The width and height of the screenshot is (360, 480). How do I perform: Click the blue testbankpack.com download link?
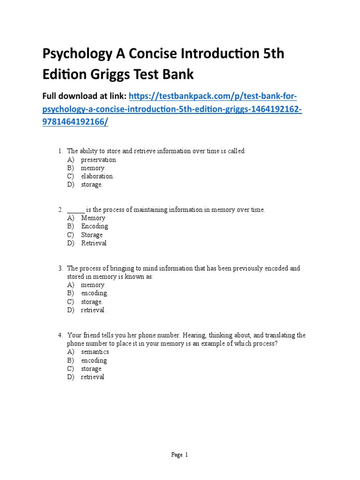pos(213,96)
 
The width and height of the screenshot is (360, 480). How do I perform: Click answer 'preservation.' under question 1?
pos(99,159)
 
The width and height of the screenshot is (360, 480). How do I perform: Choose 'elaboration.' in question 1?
pos(97,176)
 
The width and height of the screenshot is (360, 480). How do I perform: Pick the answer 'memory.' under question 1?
pos(93,168)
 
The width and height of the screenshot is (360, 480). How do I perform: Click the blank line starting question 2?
pos(75,210)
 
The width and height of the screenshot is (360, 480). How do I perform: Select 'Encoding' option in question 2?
pos(94,226)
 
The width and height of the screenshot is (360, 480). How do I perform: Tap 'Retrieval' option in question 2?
pos(94,243)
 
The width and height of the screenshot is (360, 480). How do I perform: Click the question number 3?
pos(60,269)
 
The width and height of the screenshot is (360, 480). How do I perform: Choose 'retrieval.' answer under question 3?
pos(93,310)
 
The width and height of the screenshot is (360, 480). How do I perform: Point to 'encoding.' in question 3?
pos(94,293)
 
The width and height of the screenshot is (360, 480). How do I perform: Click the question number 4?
pos(60,336)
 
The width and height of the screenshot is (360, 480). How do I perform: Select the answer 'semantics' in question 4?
pos(95,352)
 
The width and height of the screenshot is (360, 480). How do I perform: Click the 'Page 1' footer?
pos(180,455)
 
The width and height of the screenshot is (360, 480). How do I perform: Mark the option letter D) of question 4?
pos(71,377)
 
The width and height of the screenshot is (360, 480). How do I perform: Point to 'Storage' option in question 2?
pos(92,235)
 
